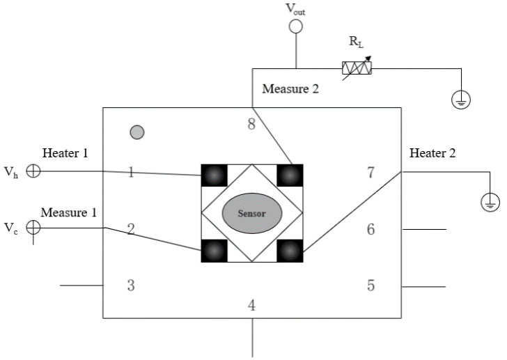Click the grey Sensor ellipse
(252, 213)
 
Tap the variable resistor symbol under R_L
(357, 68)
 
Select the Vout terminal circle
(296, 26)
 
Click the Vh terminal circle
(33, 171)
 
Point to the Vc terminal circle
(33, 227)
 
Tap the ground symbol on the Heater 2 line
(490, 203)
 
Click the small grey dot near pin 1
(137, 132)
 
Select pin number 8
(252, 125)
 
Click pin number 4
(252, 305)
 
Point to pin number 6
(370, 228)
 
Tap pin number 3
(130, 285)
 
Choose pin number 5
(370, 285)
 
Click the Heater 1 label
(65, 153)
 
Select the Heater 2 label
(432, 153)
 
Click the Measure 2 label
(290, 88)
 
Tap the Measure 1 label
(68, 212)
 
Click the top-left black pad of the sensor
(214, 175)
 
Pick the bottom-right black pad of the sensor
(290, 250)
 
